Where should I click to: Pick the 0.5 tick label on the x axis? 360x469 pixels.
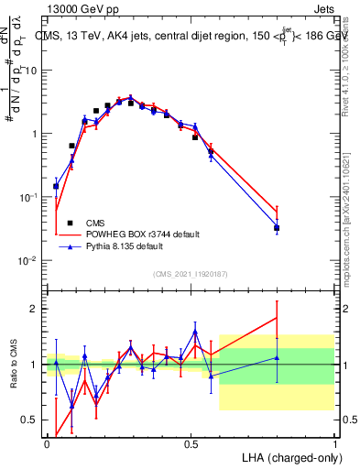pyautogui.click(x=191, y=442)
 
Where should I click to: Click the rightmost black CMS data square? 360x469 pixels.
pyautogui.click(x=277, y=228)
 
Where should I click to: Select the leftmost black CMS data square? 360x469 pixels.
pyautogui.click(x=56, y=186)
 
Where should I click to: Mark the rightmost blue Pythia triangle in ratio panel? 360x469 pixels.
pyautogui.click(x=277, y=358)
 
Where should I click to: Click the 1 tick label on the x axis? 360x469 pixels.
pyautogui.click(x=335, y=442)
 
